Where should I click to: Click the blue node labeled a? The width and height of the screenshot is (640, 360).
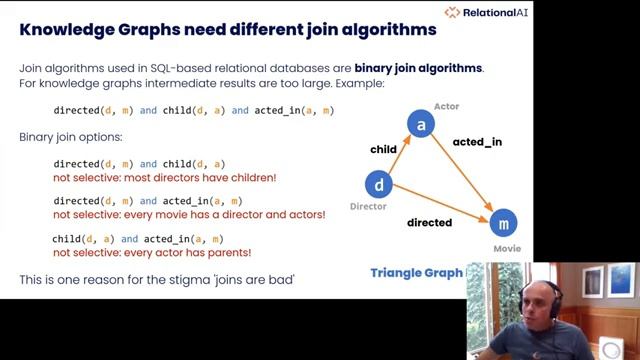[x=421, y=125]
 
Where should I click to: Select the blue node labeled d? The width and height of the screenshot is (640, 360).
[x=378, y=184]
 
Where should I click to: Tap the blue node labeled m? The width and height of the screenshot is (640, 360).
[x=505, y=222]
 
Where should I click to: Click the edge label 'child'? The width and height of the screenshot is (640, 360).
[x=384, y=149]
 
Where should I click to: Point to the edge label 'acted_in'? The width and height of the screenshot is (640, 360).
[x=477, y=142]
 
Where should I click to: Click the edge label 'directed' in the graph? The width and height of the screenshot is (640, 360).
[x=429, y=222]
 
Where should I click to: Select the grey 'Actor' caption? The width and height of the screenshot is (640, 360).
[x=446, y=105]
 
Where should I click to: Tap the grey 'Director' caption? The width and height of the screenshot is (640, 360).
[x=368, y=207]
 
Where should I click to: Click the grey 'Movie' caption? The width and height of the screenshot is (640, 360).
[x=507, y=247]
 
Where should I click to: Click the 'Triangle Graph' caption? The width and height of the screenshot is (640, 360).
[x=416, y=272]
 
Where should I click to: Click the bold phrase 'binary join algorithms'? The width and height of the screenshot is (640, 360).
[x=418, y=68]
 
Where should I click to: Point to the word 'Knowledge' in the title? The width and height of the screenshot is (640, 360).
[x=67, y=29]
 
